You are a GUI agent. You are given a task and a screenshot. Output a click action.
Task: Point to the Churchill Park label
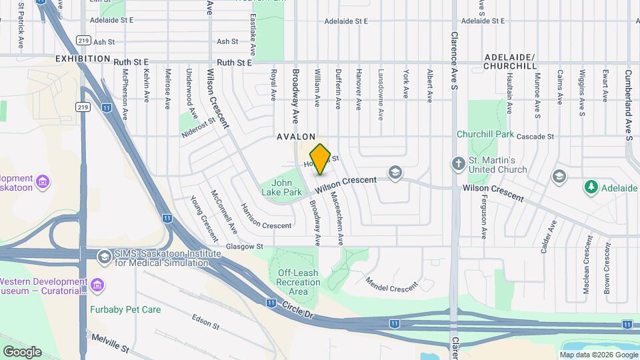click(485, 134)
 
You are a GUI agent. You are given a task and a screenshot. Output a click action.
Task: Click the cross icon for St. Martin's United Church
click(459, 163)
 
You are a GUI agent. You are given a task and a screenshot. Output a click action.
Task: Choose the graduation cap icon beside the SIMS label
click(103, 257)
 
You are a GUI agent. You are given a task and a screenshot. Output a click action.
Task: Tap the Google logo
click(22, 351)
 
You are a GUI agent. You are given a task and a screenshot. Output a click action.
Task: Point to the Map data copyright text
click(598, 355)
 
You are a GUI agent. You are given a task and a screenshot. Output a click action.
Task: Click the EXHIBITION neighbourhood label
click(83, 59)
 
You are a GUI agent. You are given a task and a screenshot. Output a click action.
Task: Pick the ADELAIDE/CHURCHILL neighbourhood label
click(509, 62)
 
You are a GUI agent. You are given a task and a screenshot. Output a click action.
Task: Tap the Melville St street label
click(110, 343)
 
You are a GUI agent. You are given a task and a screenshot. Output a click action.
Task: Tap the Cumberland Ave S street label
click(628, 101)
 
